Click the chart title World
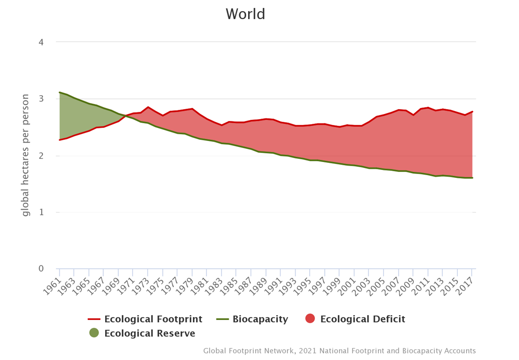(245, 14)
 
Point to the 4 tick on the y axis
(41, 42)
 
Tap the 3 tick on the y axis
(41, 99)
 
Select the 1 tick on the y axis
(41, 212)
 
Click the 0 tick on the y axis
(41, 269)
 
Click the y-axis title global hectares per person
(26, 155)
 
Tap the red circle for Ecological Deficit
(310, 319)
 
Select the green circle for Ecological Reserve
(94, 333)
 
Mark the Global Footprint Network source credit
(339, 351)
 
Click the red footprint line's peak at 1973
(148, 107)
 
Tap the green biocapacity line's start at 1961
(60, 92)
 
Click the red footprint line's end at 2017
(472, 112)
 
